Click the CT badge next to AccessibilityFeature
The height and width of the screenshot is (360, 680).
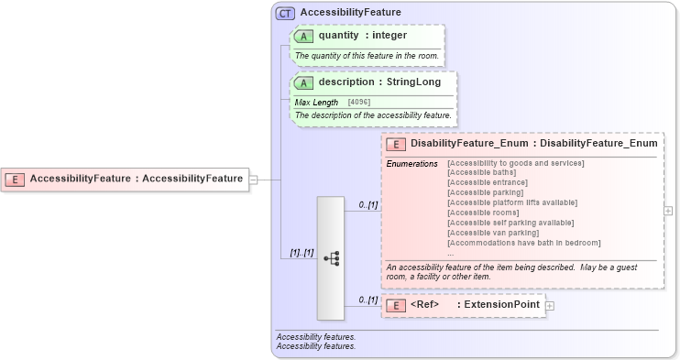tap(285, 13)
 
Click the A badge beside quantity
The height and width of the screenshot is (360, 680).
tap(303, 36)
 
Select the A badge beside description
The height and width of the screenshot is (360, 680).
tap(303, 82)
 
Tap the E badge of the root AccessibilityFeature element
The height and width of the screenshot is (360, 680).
tap(15, 179)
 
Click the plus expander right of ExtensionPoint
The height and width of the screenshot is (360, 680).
tap(550, 305)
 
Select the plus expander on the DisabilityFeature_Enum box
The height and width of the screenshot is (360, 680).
tap(668, 210)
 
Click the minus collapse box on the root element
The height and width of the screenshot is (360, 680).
tap(254, 179)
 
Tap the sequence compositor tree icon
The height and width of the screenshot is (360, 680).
tap(331, 258)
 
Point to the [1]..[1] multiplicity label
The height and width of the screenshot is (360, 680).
tap(302, 252)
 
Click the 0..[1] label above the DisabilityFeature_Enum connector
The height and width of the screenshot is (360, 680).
tap(368, 204)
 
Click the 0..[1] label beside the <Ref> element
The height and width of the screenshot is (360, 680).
tap(368, 300)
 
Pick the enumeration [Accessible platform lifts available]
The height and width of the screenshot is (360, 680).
tap(516, 202)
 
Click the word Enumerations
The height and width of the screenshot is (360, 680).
tap(412, 163)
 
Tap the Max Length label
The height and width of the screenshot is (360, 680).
tap(316, 102)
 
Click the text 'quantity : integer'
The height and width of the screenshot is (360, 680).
tap(363, 36)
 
